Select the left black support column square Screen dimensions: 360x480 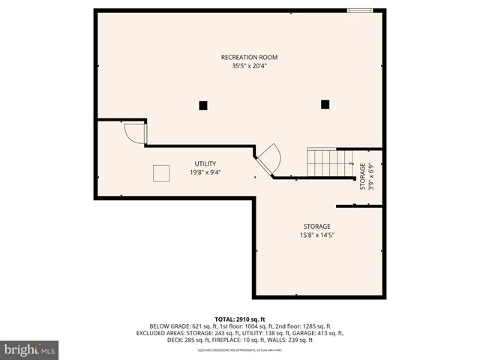click(x=203, y=106)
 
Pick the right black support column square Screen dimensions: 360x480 click(x=325, y=105)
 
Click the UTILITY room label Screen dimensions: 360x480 click(x=205, y=163)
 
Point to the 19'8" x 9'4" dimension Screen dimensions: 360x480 click(x=205, y=172)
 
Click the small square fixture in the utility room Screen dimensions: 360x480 click(x=161, y=172)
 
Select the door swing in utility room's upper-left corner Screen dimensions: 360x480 click(x=134, y=133)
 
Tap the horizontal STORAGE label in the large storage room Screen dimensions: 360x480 click(x=316, y=226)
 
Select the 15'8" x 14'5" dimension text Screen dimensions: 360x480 click(x=316, y=235)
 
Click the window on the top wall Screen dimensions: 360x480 click(x=359, y=10)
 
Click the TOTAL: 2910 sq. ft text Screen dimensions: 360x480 click(x=239, y=319)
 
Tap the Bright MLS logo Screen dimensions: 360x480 click(x=30, y=349)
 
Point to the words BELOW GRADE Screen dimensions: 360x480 click(x=168, y=326)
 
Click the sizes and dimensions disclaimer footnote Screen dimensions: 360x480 click(x=239, y=350)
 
